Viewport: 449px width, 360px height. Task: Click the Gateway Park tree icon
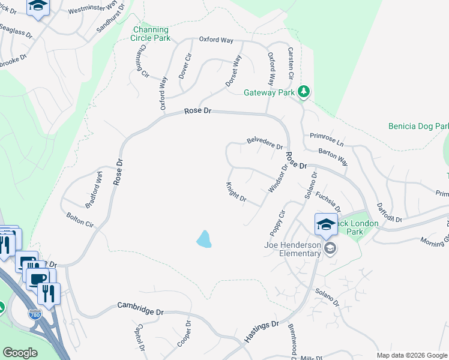[305, 91]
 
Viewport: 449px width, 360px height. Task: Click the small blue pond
[204, 239]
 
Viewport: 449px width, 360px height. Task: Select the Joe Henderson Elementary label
[292, 249]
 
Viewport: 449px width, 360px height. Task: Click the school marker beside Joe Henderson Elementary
[329, 247]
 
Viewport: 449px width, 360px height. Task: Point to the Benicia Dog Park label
[418, 127]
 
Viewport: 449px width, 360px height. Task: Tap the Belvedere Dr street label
[265, 143]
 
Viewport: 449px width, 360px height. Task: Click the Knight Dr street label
[236, 192]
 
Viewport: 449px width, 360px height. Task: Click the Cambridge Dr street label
[140, 308]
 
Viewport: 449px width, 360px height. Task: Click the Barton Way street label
[333, 157]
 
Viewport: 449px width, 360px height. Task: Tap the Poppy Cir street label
[277, 223]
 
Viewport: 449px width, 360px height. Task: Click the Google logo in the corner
[20, 353]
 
